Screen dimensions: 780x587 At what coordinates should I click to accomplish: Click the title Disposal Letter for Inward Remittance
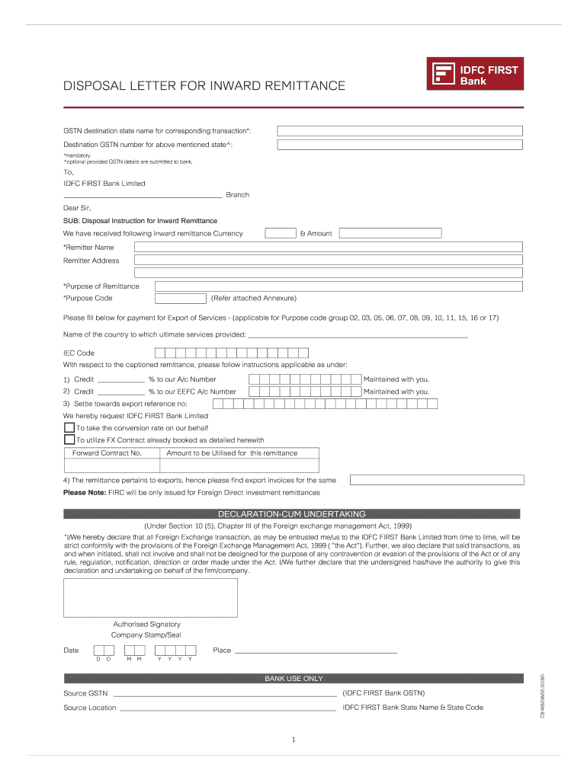click(204, 86)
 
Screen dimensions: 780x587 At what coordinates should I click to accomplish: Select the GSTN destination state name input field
click(399, 131)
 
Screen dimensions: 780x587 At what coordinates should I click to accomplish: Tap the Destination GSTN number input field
click(399, 145)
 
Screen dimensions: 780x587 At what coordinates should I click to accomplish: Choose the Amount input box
click(390, 233)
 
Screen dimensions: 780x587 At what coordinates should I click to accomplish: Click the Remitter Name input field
click(328, 247)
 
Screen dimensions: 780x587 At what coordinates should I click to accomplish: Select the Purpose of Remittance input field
click(338, 286)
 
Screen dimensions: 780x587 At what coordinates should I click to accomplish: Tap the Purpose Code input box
click(181, 299)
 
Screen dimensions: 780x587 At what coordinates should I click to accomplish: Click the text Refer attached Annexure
click(254, 299)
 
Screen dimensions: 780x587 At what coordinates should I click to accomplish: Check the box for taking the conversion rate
click(69, 428)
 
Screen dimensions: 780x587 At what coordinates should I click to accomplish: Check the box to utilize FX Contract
click(69, 440)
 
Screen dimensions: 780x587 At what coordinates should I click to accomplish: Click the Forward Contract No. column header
click(107, 453)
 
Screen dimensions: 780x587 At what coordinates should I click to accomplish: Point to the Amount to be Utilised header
click(232, 453)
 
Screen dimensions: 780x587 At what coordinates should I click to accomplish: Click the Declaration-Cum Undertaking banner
click(292, 514)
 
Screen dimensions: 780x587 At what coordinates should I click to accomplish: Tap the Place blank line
click(316, 651)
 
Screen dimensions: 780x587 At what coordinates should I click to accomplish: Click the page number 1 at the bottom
click(293, 740)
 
